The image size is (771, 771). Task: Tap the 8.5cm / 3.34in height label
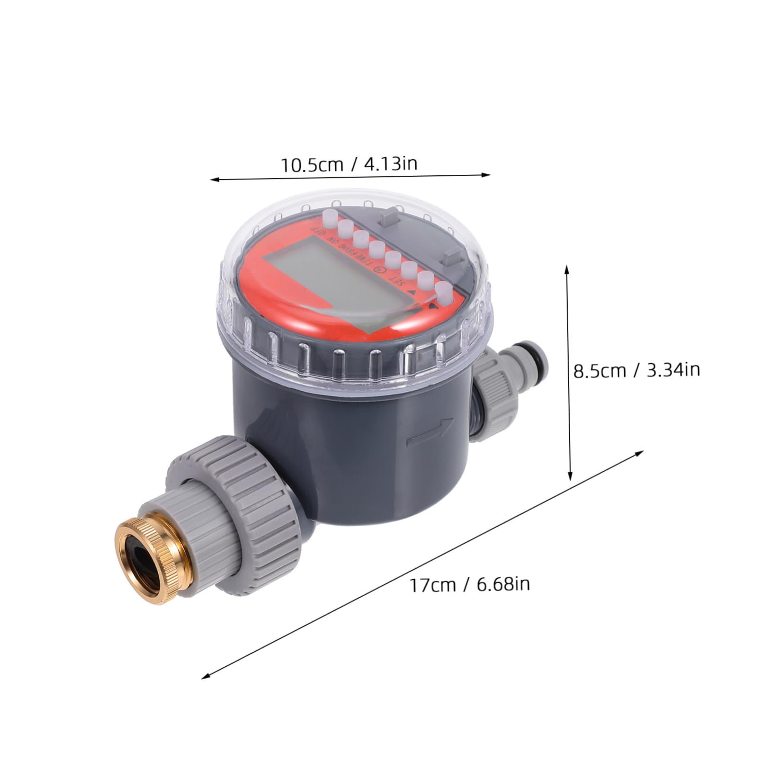[637, 370]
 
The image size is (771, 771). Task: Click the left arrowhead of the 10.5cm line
[214, 179]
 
